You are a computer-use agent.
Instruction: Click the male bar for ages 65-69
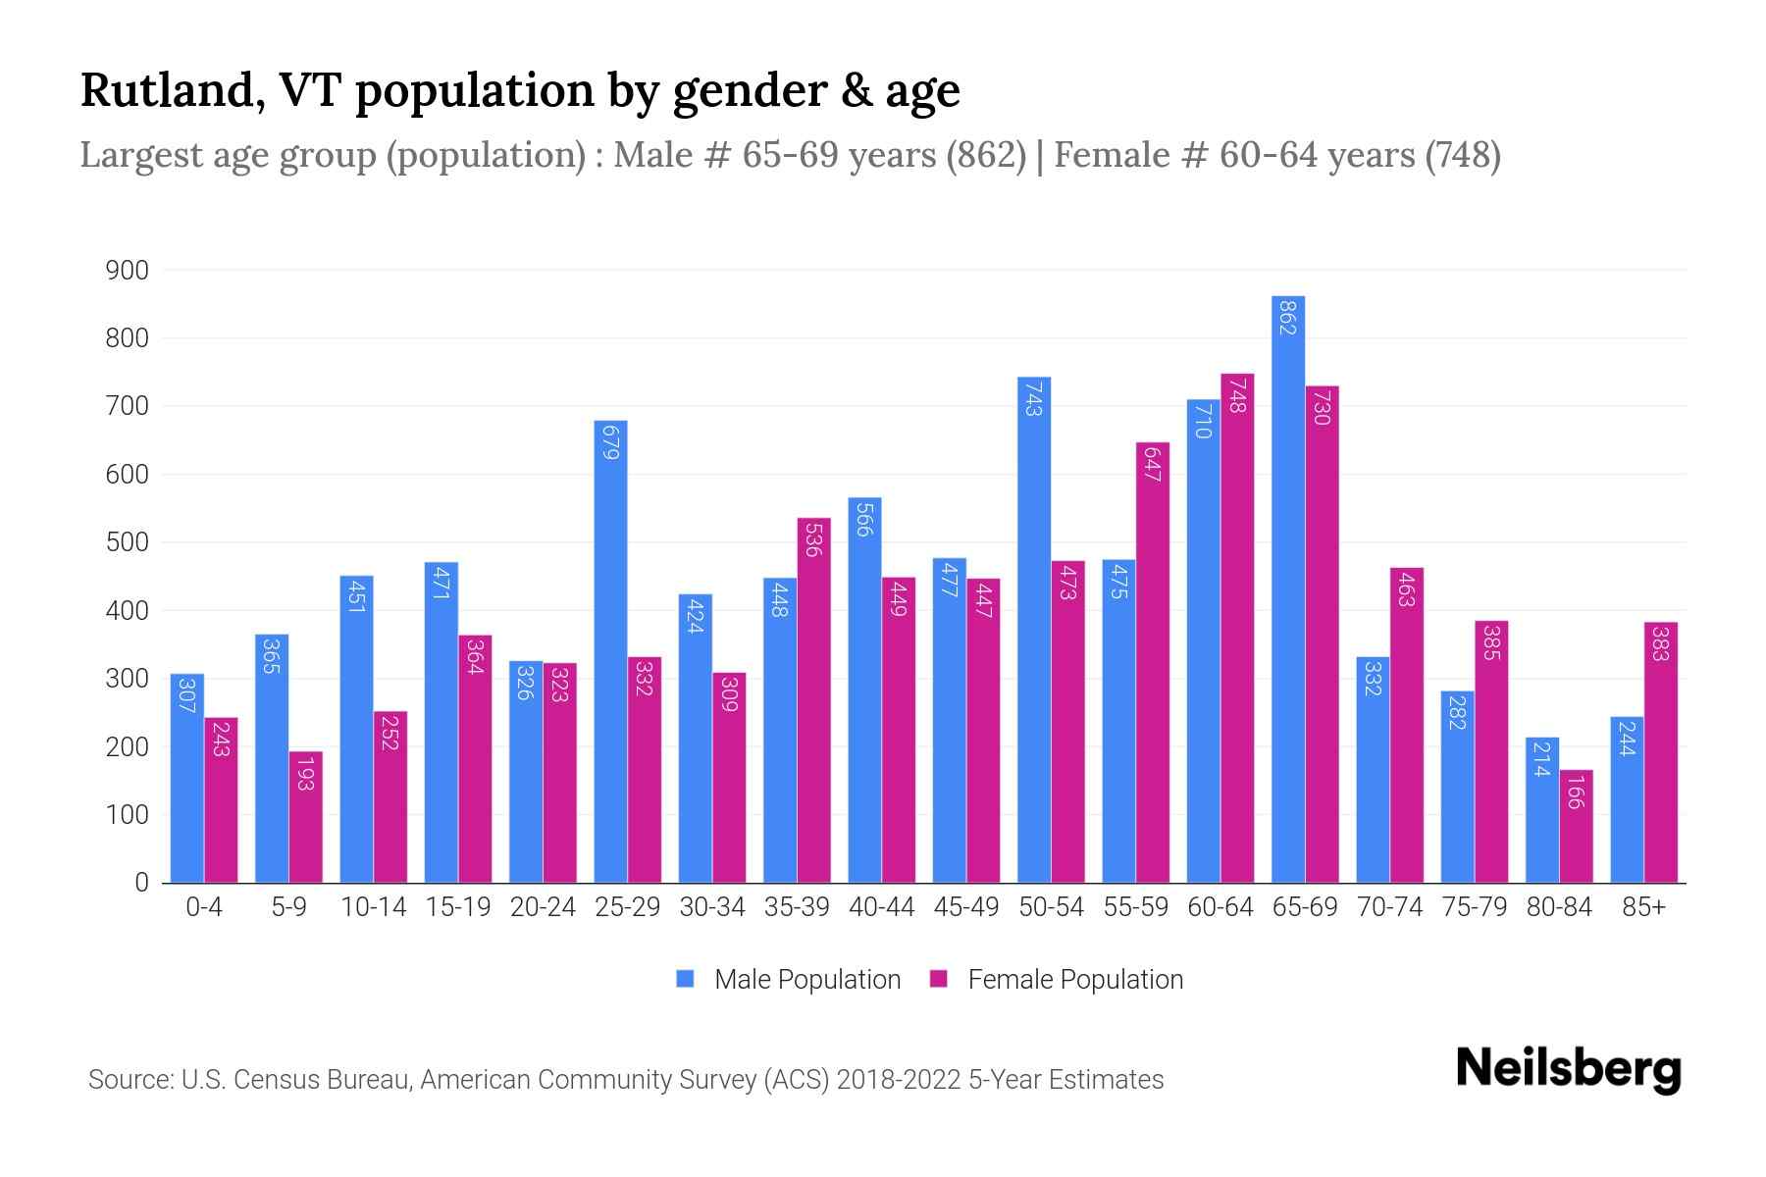[x=1287, y=588]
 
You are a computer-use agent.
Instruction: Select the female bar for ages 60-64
[x=1237, y=628]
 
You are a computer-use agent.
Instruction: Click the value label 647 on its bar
[x=1153, y=464]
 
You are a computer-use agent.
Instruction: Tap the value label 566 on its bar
[x=864, y=519]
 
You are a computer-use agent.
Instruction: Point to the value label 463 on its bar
[x=1406, y=588]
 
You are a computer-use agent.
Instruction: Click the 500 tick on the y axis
[x=127, y=542]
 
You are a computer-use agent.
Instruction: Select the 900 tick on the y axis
[x=127, y=270]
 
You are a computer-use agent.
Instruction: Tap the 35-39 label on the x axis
[x=797, y=907]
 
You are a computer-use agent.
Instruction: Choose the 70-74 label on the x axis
[x=1389, y=907]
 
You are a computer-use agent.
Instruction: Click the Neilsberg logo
[x=1568, y=1069]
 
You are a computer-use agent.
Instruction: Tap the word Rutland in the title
[x=167, y=90]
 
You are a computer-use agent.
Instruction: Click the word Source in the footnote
[x=130, y=1080]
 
